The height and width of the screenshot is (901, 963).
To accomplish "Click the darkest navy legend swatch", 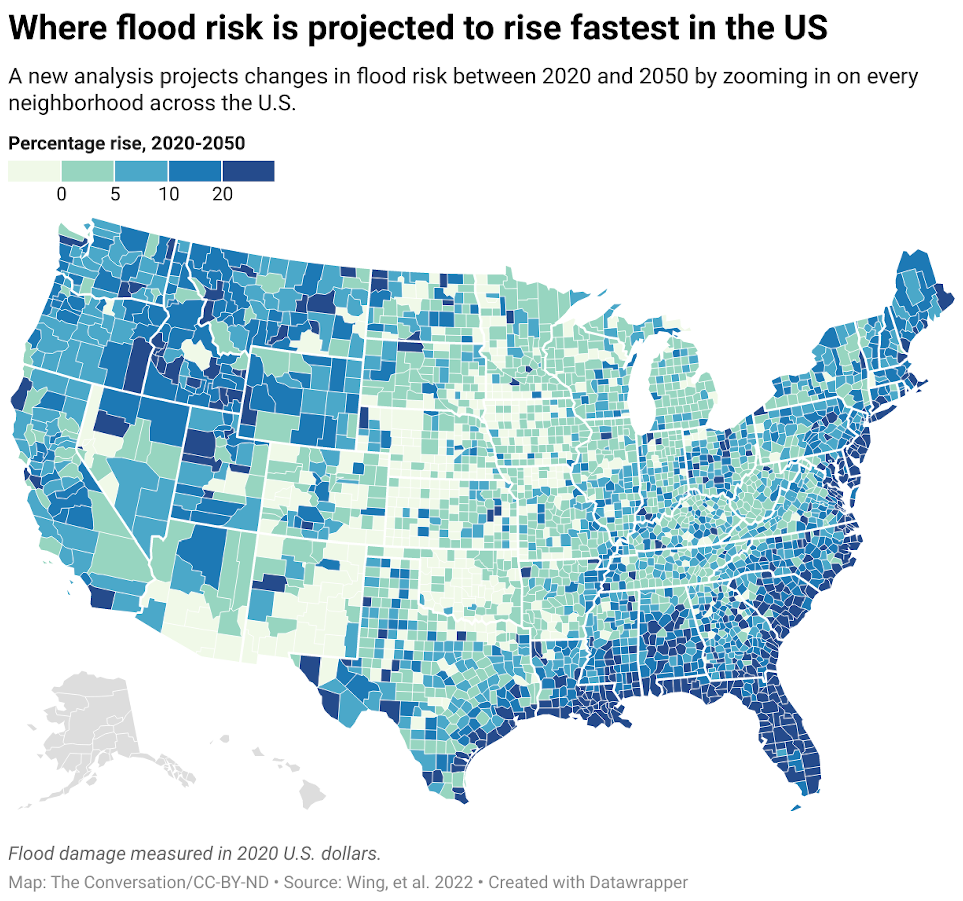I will click(x=248, y=171).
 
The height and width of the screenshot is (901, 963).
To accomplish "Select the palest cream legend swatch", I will click(x=34, y=171).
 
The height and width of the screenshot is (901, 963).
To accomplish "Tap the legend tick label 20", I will click(x=222, y=194).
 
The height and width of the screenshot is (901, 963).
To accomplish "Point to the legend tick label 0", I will click(x=61, y=194).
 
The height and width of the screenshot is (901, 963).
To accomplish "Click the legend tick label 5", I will click(x=115, y=194).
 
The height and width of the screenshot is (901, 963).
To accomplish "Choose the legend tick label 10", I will click(x=169, y=194).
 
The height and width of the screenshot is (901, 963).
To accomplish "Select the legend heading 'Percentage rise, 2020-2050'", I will click(x=126, y=143).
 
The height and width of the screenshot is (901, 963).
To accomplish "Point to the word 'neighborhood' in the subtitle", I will click(x=75, y=103).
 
